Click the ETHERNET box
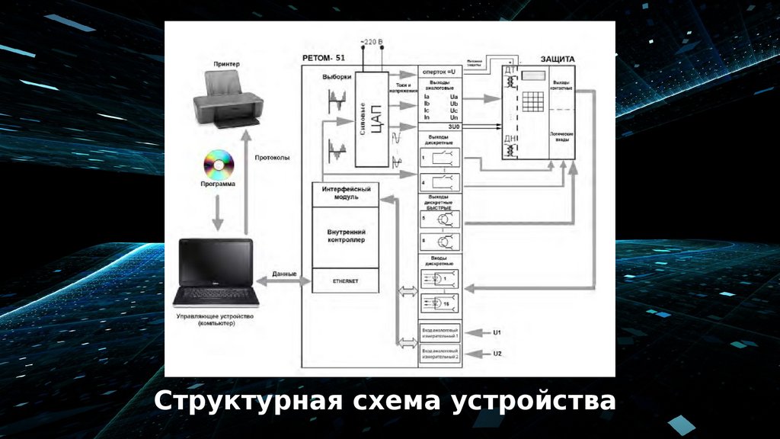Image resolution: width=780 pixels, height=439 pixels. [345, 281]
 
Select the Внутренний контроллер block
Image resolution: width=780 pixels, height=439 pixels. [346, 236]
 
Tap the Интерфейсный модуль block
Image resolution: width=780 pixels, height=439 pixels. [346, 192]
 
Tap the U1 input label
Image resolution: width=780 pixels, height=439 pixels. [497, 332]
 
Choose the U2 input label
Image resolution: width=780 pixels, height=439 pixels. [497, 353]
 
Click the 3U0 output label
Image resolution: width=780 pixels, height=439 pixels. [441, 127]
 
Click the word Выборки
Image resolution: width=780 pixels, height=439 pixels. [337, 77]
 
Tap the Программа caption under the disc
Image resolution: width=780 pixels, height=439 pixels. [218, 184]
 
